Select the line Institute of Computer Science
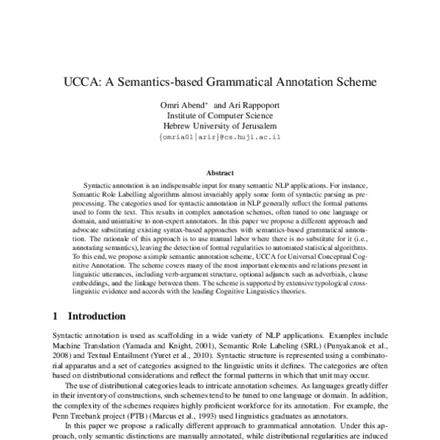pyautogui.click(x=219, y=116)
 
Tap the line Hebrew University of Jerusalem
pyautogui.click(x=219, y=126)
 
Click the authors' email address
pyautogui.click(x=219, y=137)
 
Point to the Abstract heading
pyautogui.click(x=219, y=174)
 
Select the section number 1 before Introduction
pyautogui.click(x=56, y=317)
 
